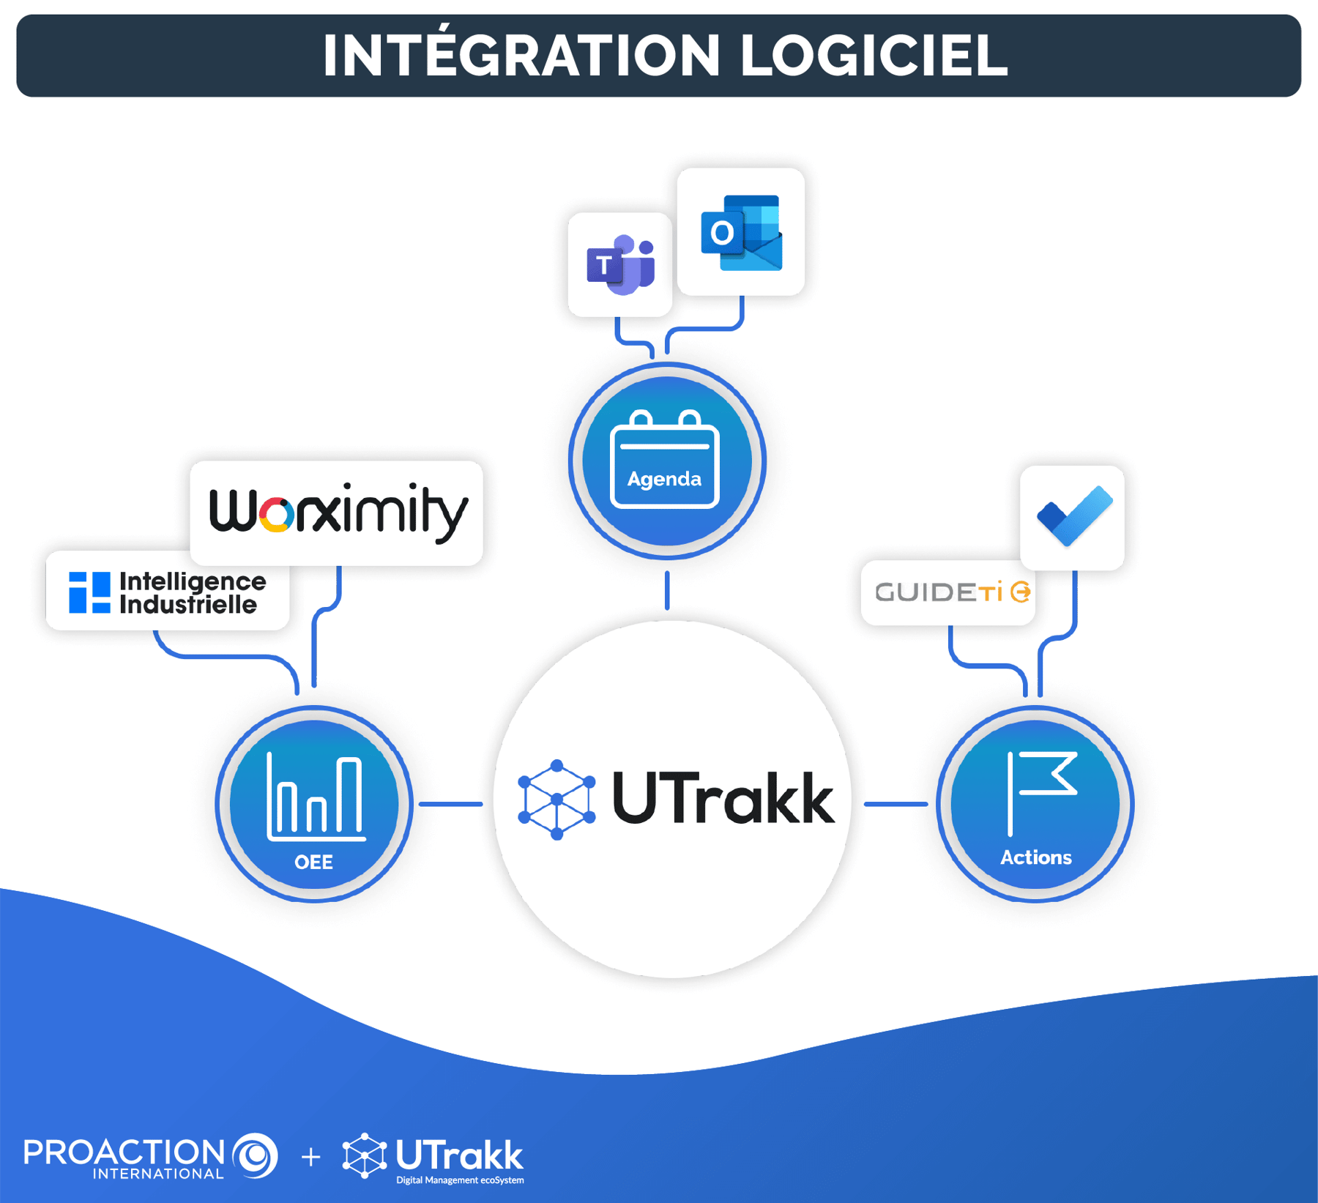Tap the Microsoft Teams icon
pyautogui.click(x=619, y=264)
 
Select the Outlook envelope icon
pyautogui.click(x=741, y=232)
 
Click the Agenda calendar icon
pyautogui.click(x=665, y=460)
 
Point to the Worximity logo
pyautogui.click(x=337, y=513)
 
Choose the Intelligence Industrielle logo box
pyautogui.click(x=168, y=592)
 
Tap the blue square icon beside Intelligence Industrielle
pyautogui.click(x=89, y=592)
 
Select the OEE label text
pyautogui.click(x=313, y=863)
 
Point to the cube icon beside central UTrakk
pyautogui.click(x=556, y=800)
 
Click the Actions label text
pyautogui.click(x=1035, y=857)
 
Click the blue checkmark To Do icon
pyautogui.click(x=1073, y=516)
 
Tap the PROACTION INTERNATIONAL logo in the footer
pyautogui.click(x=150, y=1157)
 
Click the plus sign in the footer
pyautogui.click(x=311, y=1158)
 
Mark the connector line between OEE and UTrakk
pyautogui.click(x=450, y=804)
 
